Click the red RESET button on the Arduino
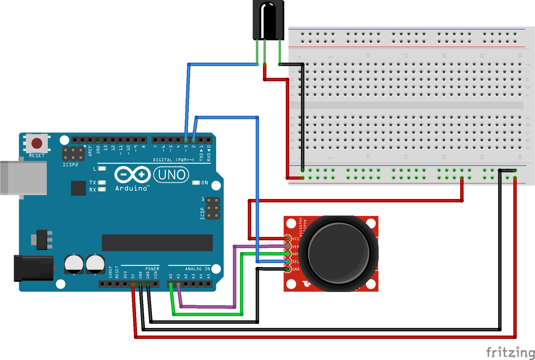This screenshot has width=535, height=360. tap(37, 143)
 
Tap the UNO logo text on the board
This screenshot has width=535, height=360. tap(171, 175)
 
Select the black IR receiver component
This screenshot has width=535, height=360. tap(268, 20)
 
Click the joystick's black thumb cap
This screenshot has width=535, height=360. tap(339, 253)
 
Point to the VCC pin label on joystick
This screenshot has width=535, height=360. tap(296, 239)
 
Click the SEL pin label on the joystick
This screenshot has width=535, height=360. tap(295, 262)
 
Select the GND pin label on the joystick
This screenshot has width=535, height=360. tap(296, 269)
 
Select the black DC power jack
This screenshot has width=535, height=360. tap(33, 268)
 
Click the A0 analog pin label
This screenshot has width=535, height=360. tap(170, 276)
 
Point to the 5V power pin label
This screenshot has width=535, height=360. tap(133, 276)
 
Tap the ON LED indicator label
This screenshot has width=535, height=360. tap(204, 183)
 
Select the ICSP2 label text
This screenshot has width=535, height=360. tap(70, 165)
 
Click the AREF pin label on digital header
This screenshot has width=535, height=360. tap(90, 151)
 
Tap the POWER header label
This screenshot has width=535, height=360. tap(152, 269)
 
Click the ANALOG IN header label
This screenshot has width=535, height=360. tap(197, 269)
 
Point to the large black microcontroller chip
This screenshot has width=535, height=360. tap(157, 243)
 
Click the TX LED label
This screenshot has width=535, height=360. tap(93, 183)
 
